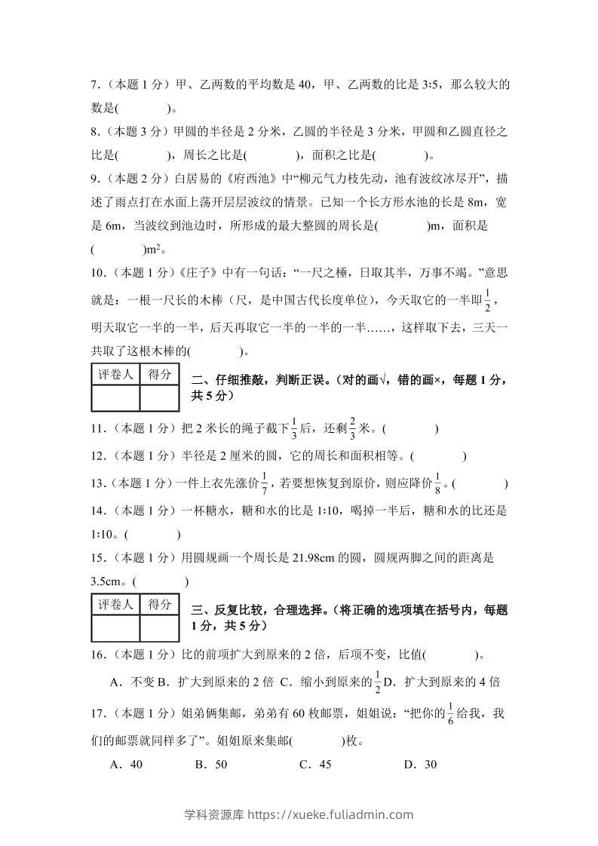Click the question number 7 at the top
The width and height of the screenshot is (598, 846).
(x=93, y=85)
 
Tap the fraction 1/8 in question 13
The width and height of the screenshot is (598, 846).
(x=437, y=483)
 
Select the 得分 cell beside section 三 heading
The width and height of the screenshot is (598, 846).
(x=159, y=604)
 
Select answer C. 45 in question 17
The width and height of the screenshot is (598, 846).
(x=315, y=764)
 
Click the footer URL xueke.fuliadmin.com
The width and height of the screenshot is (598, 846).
(x=340, y=814)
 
